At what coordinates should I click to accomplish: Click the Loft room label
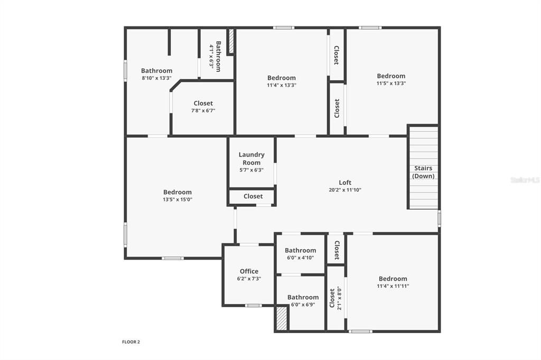(345, 183)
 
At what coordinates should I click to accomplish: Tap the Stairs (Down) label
(423, 172)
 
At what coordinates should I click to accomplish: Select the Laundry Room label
(251, 158)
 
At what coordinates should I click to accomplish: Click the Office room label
(249, 271)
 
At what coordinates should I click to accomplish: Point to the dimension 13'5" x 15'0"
(177, 200)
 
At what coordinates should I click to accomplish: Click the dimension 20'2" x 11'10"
(345, 190)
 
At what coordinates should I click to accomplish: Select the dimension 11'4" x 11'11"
(393, 286)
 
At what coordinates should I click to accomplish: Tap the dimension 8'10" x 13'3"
(156, 78)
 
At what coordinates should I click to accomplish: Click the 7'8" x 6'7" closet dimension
(203, 111)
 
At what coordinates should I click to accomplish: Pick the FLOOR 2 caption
(131, 342)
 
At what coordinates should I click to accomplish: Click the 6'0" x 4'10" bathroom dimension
(300, 258)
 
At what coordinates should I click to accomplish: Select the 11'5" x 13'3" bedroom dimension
(391, 83)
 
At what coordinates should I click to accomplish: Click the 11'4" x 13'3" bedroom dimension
(282, 85)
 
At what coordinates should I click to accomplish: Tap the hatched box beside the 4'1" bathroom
(231, 42)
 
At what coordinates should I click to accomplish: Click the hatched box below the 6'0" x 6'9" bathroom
(282, 318)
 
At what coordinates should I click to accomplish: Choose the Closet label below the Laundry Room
(253, 196)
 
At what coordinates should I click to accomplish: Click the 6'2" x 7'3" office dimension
(249, 279)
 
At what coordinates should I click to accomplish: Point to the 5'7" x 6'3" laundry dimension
(251, 170)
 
